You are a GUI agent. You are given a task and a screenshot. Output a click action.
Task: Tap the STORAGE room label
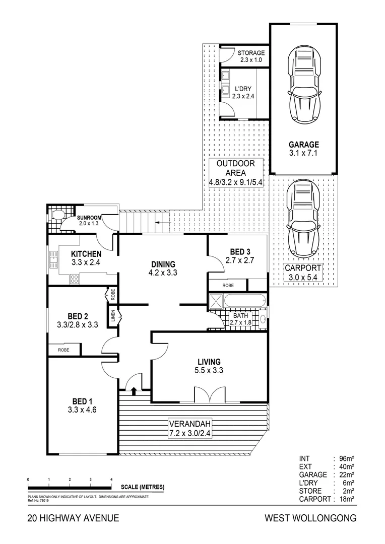click(251, 53)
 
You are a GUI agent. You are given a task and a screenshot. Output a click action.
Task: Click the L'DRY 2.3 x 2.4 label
click(243, 93)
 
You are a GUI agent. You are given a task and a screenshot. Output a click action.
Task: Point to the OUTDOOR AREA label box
click(236, 173)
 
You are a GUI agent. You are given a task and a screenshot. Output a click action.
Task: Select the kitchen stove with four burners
click(74, 279)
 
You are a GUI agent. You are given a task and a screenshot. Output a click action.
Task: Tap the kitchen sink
click(53, 260)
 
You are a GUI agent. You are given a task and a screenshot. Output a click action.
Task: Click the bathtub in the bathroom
click(245, 300)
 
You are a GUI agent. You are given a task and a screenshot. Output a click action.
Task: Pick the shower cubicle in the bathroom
click(216, 300)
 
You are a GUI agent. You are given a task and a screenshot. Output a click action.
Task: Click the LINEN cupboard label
click(113, 315)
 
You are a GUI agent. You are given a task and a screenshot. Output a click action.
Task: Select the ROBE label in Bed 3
click(228, 285)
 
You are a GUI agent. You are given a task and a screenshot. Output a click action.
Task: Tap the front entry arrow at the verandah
click(134, 390)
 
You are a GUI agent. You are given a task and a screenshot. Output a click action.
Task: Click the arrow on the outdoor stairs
click(160, 223)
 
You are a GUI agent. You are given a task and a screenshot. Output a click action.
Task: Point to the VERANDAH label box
click(190, 429)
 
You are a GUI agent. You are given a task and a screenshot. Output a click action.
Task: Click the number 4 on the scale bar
click(111, 480)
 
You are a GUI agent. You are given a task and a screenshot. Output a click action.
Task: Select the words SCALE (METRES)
click(143, 487)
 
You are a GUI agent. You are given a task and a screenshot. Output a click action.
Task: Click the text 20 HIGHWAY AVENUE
click(73, 518)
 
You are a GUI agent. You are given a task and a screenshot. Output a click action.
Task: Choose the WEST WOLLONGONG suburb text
click(311, 518)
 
